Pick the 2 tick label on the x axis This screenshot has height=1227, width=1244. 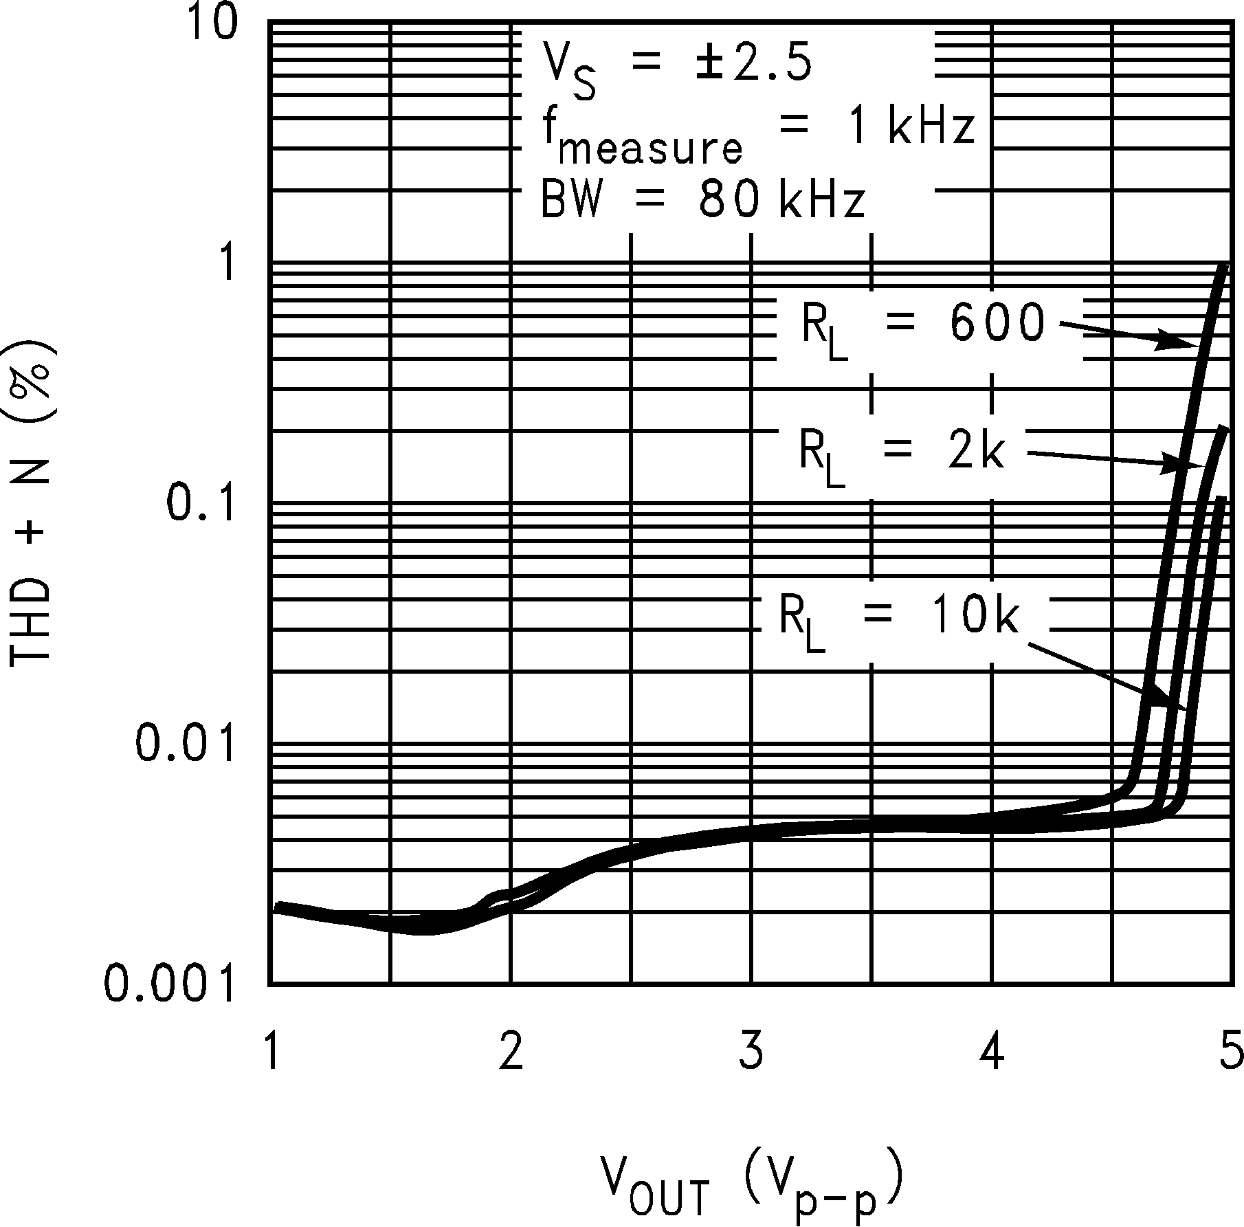pos(510,1052)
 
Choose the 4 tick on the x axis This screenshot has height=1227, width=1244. pos(992,1052)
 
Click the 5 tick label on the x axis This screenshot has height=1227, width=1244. pos(1230,1052)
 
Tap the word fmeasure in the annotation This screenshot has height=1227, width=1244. pos(643,137)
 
